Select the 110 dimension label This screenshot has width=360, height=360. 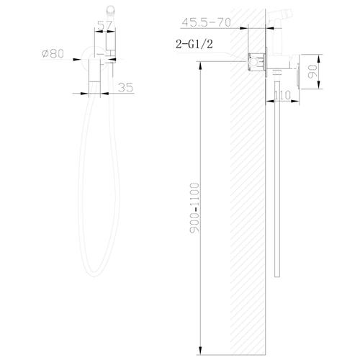pos(282,94)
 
